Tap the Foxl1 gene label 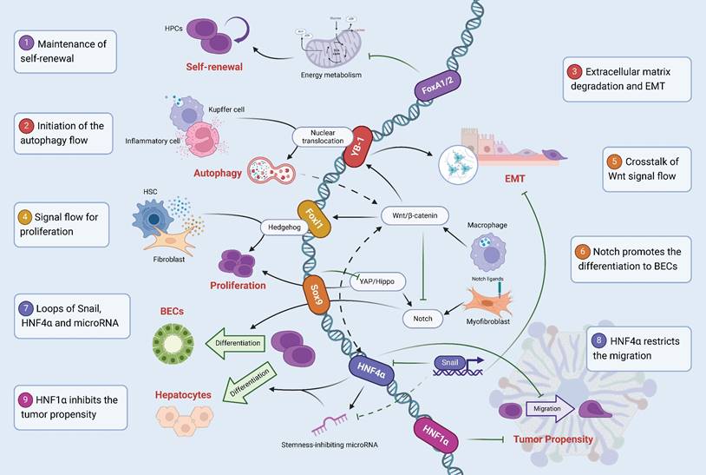[313, 214]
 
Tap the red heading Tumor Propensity [552, 439]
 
